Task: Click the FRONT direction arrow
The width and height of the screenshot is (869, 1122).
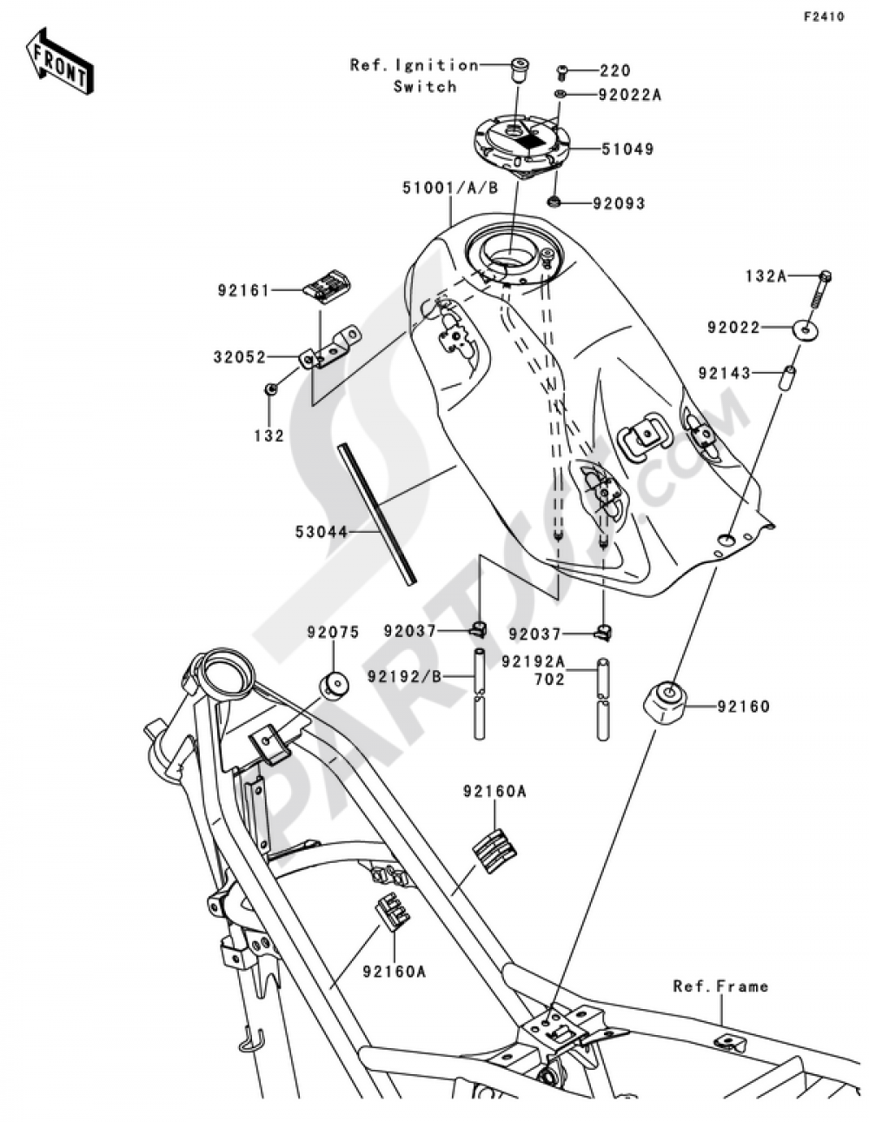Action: (59, 61)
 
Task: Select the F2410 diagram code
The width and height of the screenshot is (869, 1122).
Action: (824, 17)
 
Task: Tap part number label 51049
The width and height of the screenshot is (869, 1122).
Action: (627, 149)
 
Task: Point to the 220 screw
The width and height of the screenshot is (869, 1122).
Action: (562, 72)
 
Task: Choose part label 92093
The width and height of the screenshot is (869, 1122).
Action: (619, 203)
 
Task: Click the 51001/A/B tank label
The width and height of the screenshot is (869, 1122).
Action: (450, 189)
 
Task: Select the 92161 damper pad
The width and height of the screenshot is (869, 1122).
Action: (324, 286)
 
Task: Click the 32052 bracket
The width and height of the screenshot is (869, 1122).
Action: (329, 346)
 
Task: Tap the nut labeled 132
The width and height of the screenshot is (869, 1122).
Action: (269, 388)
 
